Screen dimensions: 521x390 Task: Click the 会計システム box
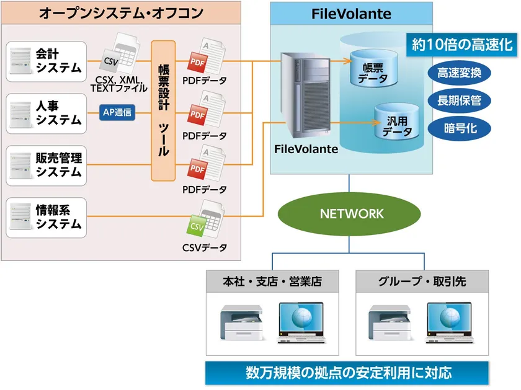point(46,61)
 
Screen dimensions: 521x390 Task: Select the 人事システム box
point(46,113)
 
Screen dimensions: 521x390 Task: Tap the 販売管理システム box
point(46,166)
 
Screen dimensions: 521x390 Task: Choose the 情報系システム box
point(46,218)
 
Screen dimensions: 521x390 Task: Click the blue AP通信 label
point(117,112)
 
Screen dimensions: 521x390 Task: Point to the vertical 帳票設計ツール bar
point(163,110)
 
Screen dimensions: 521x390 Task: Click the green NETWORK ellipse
point(349,214)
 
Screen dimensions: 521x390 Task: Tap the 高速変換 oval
point(459,73)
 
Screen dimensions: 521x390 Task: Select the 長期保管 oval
point(459,100)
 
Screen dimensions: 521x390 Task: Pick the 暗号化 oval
point(459,128)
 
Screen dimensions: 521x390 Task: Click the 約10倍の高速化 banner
point(462,45)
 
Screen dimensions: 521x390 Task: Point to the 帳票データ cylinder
point(374,68)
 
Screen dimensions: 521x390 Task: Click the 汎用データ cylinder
point(397,122)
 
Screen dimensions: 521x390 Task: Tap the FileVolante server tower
point(306,95)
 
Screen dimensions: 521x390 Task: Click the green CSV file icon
point(205,220)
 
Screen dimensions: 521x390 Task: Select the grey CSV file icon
point(120,54)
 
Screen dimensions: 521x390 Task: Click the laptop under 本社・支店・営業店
point(301,322)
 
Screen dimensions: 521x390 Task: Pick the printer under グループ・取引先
point(390,322)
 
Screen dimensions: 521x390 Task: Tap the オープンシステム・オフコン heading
point(121,13)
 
